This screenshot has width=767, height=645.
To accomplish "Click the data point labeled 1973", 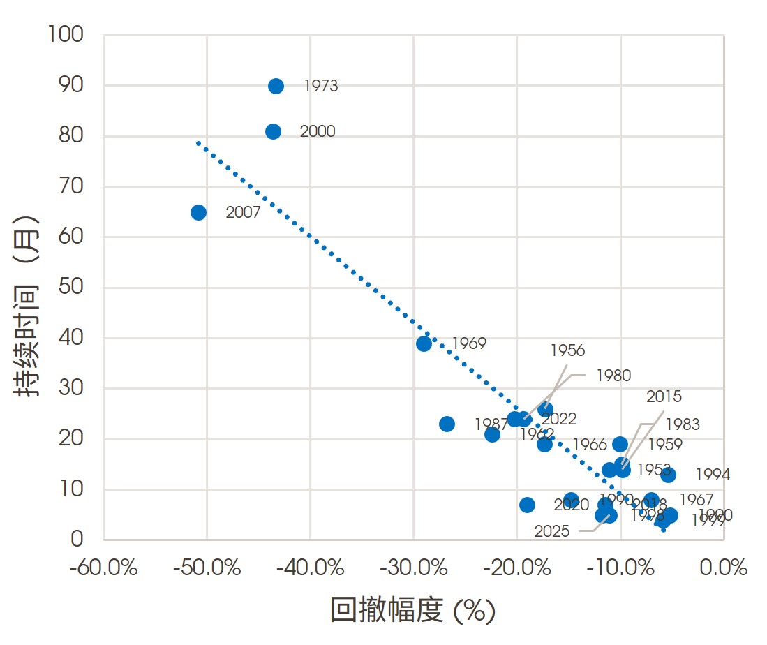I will tap(276, 86).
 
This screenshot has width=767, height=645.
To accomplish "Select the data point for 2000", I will tap(273, 131).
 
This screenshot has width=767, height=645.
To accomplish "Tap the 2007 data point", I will tap(198, 212).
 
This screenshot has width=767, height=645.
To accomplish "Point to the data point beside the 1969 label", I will tap(424, 343).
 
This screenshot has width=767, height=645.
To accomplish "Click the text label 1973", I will tap(321, 87).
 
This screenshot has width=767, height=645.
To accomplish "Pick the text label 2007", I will tap(243, 213).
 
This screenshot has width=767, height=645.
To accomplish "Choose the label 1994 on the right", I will tap(713, 475).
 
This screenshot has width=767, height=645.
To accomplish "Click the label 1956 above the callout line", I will tap(567, 350).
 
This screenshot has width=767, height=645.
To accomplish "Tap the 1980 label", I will tap(613, 376).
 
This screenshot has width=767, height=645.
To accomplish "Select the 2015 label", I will tap(664, 397).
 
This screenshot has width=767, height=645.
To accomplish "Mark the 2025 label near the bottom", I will tap(552, 531).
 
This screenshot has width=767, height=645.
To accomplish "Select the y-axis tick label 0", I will tap(77, 540).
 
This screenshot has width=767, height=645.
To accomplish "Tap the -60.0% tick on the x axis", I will tap(103, 568).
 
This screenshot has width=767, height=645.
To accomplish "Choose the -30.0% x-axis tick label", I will tap(413, 568).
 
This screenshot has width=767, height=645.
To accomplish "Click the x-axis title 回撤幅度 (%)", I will tap(412, 611).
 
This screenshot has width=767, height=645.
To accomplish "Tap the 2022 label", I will tap(559, 419).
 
